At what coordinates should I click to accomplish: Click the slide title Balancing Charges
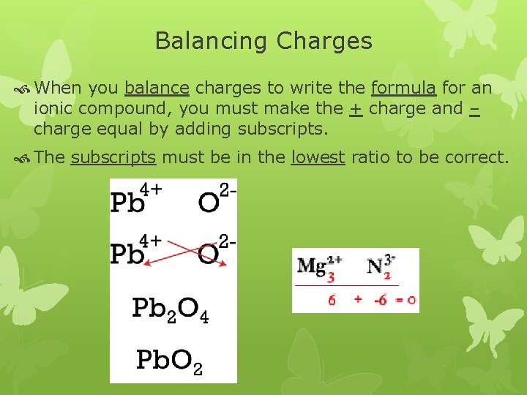(263, 41)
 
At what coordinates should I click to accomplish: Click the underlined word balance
(157, 89)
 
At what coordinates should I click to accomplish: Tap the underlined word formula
(404, 89)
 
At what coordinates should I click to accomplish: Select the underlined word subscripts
(113, 157)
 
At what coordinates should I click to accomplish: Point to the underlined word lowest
(318, 157)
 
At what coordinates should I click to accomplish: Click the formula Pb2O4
(171, 309)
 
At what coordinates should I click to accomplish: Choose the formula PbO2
(169, 361)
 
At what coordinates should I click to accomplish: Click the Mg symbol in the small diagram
(310, 265)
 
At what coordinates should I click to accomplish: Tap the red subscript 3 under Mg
(331, 278)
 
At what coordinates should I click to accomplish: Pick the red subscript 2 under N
(388, 277)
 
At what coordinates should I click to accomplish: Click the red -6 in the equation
(379, 299)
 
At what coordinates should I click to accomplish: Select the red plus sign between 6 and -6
(358, 299)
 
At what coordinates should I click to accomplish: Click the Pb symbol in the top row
(129, 203)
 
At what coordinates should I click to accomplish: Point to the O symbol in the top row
(209, 203)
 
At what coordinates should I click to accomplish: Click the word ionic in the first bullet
(53, 109)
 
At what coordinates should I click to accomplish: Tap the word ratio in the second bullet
(372, 157)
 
